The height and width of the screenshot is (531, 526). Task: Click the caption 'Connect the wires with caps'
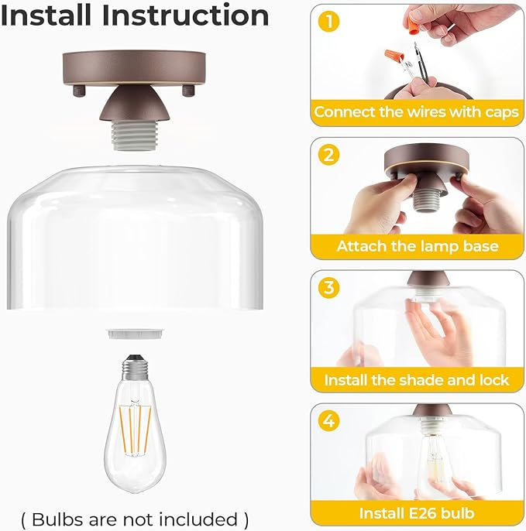click(416, 112)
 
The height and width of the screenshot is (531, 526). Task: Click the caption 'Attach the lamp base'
click(416, 246)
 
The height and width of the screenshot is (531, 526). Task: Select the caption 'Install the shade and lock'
click(416, 380)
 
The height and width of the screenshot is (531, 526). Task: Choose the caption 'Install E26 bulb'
click(416, 513)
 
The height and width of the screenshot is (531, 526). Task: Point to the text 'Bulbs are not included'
click(135, 518)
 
